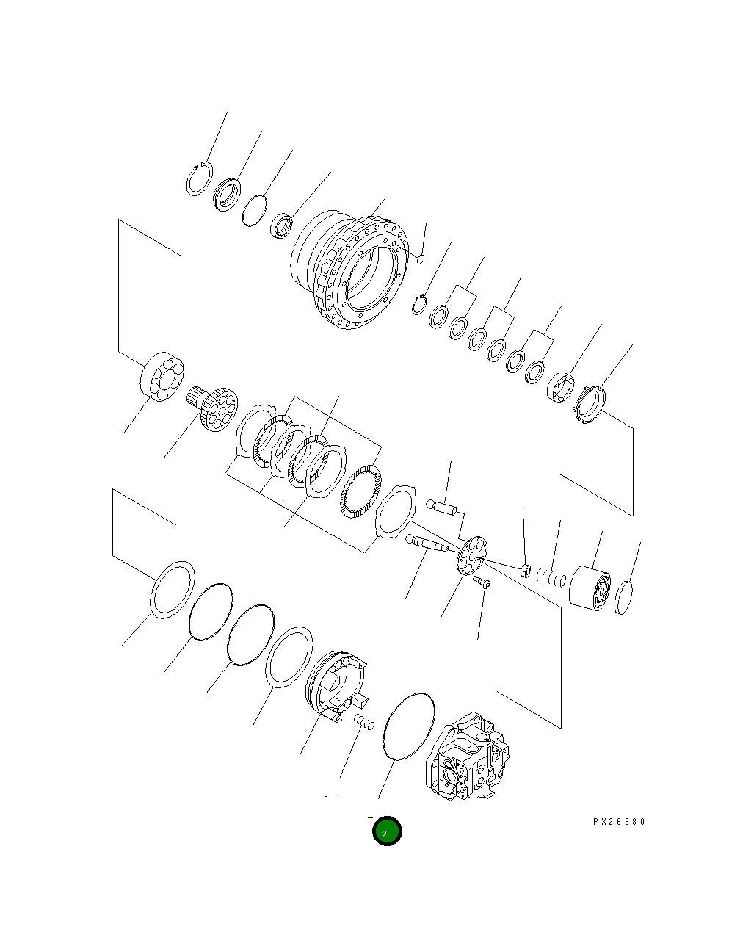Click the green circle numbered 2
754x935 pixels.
[x=386, y=831]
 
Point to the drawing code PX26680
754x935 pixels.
[x=618, y=822]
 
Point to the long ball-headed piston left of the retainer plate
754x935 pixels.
[x=428, y=544]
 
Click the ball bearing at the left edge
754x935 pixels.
[x=162, y=378]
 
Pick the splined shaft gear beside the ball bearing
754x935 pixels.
[x=214, y=408]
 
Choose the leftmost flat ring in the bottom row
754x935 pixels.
[x=173, y=588]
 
